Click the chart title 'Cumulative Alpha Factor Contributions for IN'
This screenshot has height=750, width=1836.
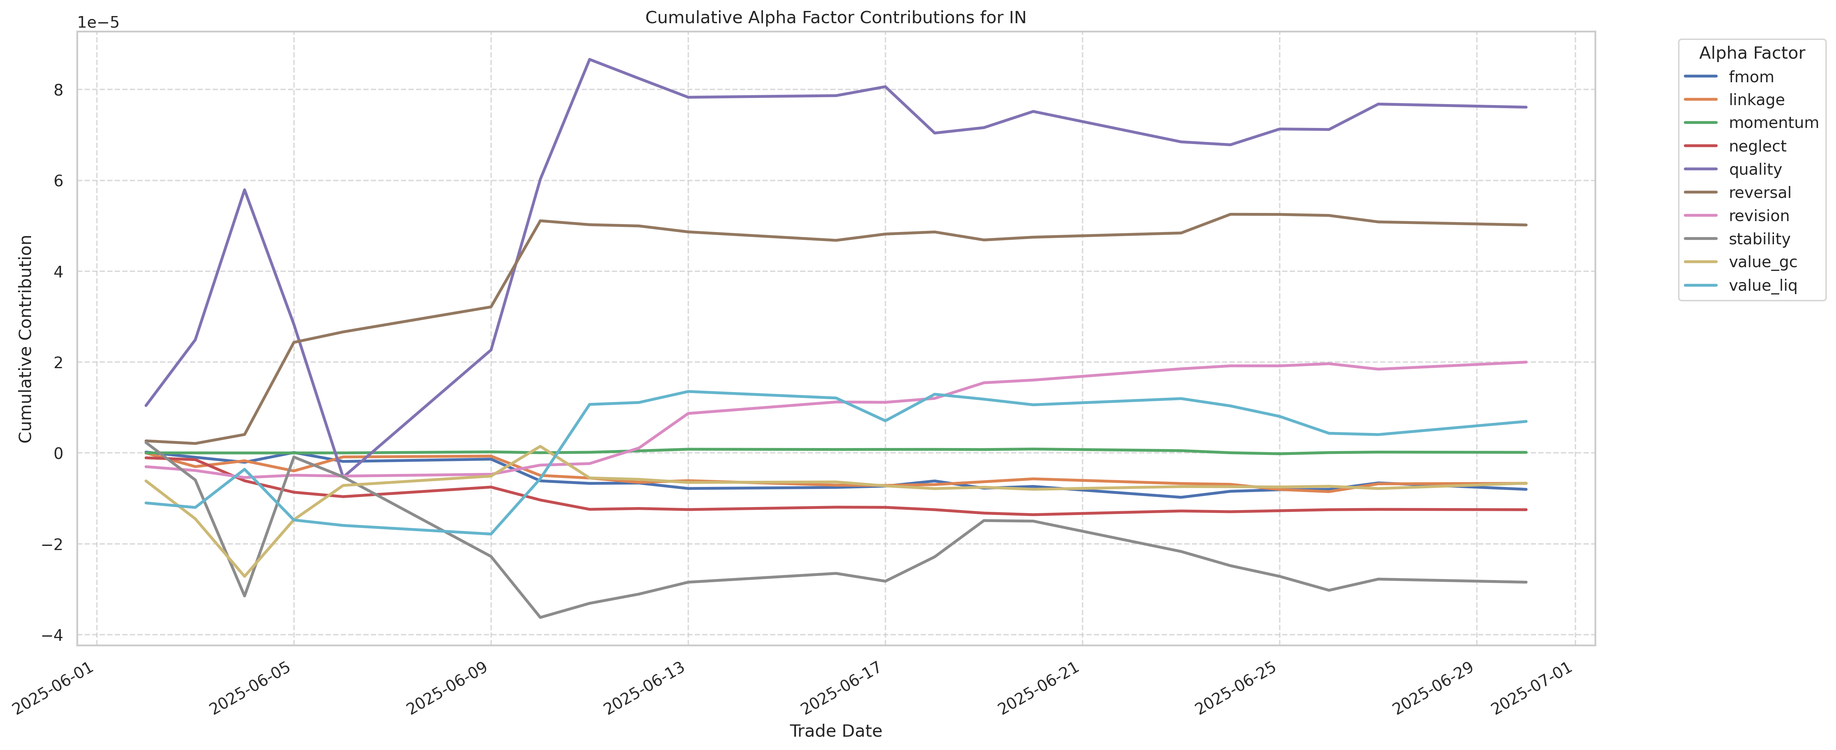(835, 18)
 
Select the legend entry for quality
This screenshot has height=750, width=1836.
(1755, 170)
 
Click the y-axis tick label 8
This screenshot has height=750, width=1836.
(58, 90)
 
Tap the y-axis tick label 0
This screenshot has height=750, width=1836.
(58, 453)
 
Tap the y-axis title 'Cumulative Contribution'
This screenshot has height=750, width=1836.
(26, 338)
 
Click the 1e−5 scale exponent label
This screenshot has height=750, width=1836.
(98, 23)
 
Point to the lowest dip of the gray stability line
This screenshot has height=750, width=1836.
(540, 617)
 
